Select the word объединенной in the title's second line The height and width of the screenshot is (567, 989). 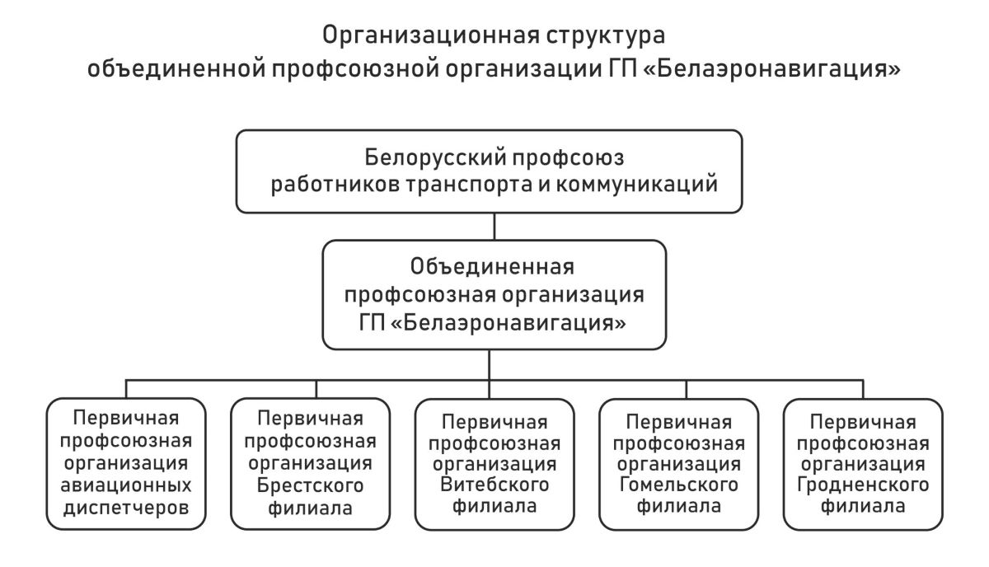click(176, 68)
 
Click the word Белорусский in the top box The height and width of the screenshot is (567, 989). click(434, 158)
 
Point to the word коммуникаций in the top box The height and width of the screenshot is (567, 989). click(636, 185)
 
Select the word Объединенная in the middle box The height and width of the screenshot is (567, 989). click(492, 267)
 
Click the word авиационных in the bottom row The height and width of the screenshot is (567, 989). click(126, 485)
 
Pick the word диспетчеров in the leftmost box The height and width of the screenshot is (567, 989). click(126, 508)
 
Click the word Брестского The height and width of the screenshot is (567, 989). click(310, 485)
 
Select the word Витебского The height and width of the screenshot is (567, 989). click(494, 485)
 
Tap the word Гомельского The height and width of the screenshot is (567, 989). click(678, 485)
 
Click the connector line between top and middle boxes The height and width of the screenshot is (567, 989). click(494, 227)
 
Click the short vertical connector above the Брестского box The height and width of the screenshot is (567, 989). click(316, 389)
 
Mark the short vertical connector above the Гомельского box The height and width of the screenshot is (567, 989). click(686, 389)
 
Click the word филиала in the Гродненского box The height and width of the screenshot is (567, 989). click(863, 506)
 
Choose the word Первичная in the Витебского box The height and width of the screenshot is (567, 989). click(494, 423)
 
